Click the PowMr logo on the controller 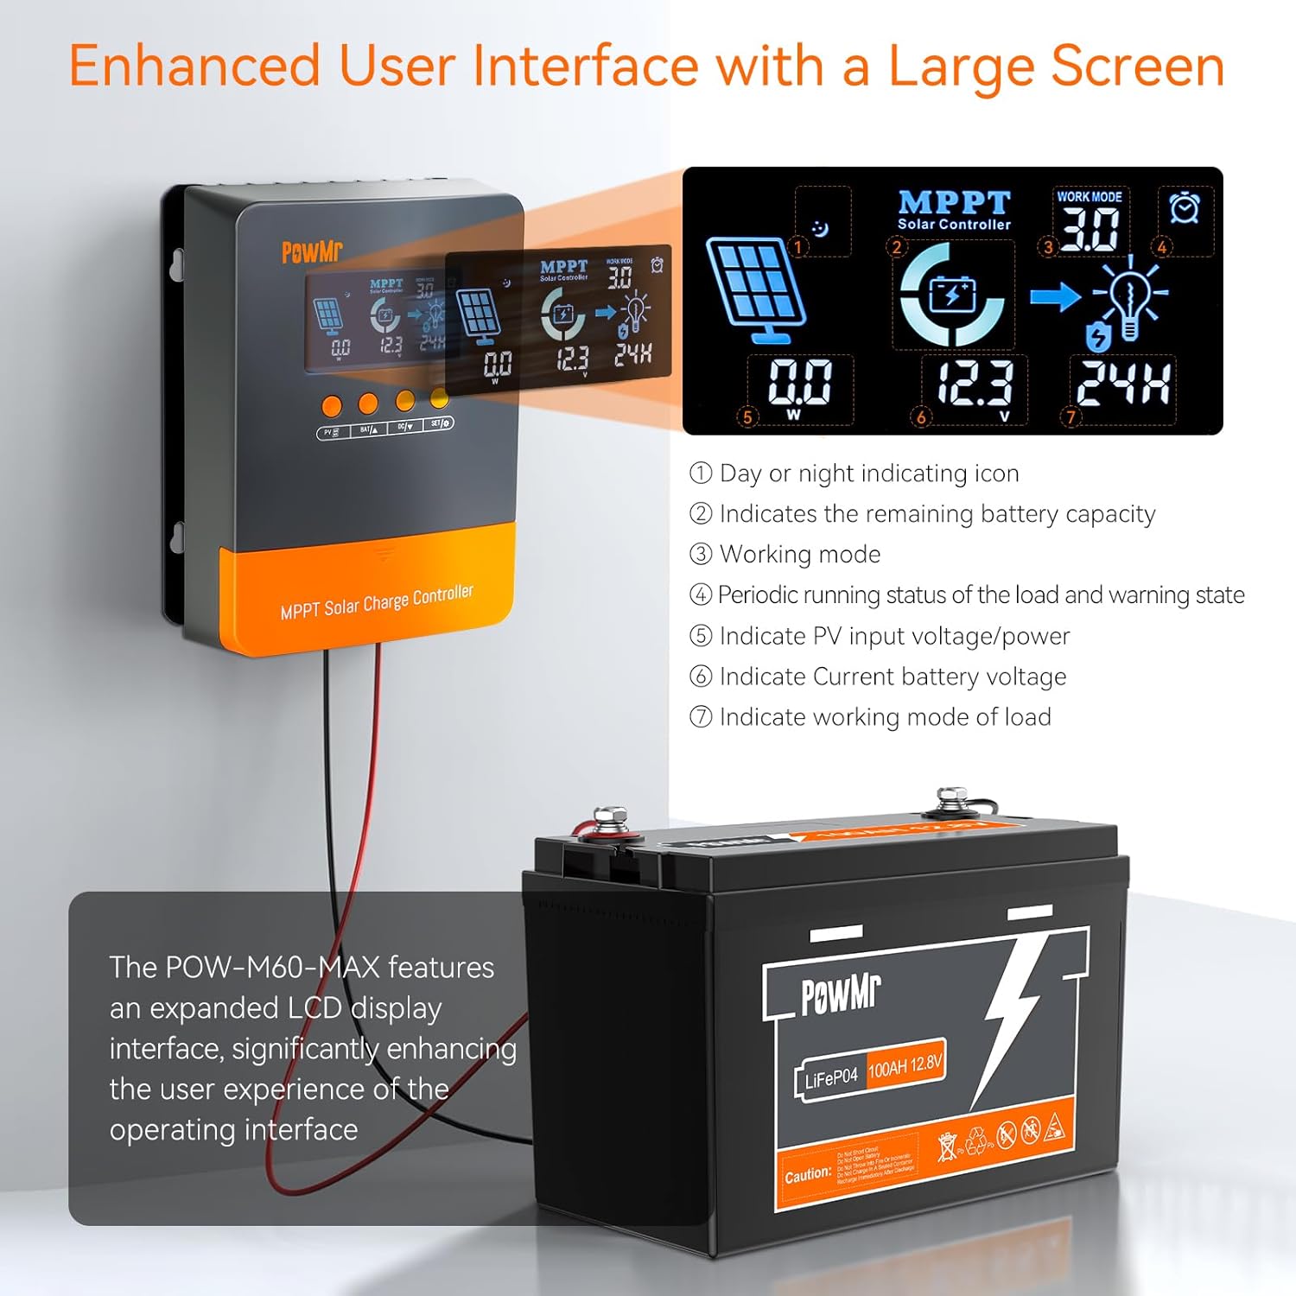click(x=312, y=251)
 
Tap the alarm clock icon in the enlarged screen click(x=1184, y=208)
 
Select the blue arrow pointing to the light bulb click(x=1055, y=297)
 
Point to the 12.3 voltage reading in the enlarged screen click(x=975, y=383)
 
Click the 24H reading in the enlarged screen click(x=1123, y=383)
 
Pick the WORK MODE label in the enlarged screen click(x=1090, y=197)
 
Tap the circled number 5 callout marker click(x=748, y=416)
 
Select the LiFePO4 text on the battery click(x=830, y=1078)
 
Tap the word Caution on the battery click(x=807, y=1176)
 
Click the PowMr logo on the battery click(x=840, y=994)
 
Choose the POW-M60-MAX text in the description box click(x=272, y=968)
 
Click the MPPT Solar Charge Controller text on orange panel click(x=377, y=602)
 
